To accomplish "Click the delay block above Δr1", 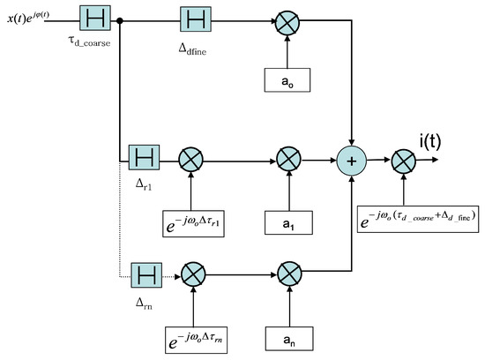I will [143, 160].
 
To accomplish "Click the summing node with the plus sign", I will [353, 160].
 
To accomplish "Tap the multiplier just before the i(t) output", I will [403, 160].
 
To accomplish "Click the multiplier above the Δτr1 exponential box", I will [191, 160].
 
